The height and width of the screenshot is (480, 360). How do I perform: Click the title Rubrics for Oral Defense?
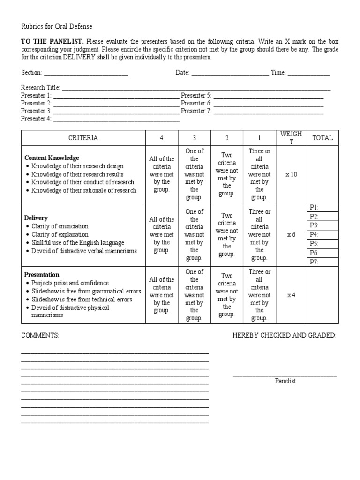(x=57, y=27)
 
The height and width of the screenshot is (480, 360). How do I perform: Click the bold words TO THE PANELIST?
(x=52, y=41)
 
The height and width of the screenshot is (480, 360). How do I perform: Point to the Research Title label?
(x=41, y=88)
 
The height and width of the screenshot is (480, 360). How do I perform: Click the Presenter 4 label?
(x=36, y=119)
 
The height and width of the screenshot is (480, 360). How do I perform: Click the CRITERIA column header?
(x=83, y=138)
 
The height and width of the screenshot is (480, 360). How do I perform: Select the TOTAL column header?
(x=322, y=138)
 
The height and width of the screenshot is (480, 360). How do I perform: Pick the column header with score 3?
(x=194, y=138)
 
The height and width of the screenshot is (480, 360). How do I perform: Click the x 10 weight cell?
(x=291, y=174)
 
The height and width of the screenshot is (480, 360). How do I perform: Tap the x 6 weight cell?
(x=291, y=234)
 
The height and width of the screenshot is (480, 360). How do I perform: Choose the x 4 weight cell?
(x=291, y=295)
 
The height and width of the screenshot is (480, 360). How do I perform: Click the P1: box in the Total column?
(x=322, y=207)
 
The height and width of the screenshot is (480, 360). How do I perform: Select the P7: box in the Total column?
(x=322, y=262)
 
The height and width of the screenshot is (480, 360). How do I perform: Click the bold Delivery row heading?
(x=36, y=218)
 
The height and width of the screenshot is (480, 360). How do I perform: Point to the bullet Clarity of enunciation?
(x=60, y=226)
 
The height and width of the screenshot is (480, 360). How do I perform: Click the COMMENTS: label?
(x=40, y=335)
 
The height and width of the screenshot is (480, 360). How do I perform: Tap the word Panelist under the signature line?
(x=285, y=381)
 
